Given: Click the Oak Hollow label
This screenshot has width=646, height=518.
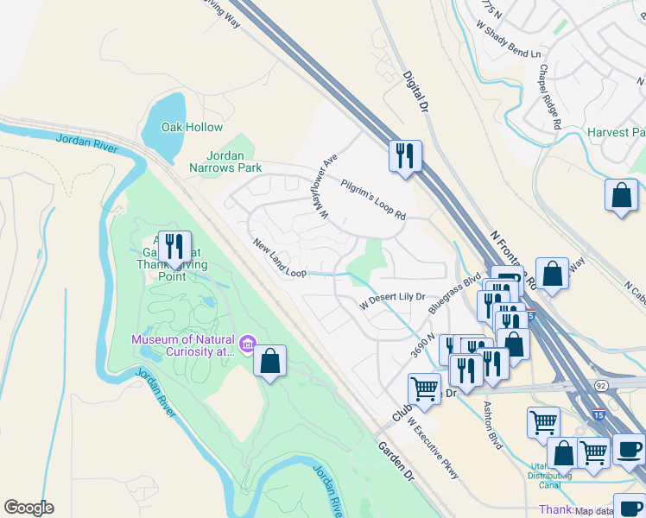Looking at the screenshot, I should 192,127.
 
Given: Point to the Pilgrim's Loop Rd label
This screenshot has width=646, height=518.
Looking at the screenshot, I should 373,199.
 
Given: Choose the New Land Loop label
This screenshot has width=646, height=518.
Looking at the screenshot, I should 280,259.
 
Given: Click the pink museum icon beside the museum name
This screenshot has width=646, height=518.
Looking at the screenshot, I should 248,345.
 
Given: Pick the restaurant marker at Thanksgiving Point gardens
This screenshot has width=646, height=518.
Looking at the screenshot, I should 174,247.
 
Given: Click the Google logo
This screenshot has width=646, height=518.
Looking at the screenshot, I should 28,508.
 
